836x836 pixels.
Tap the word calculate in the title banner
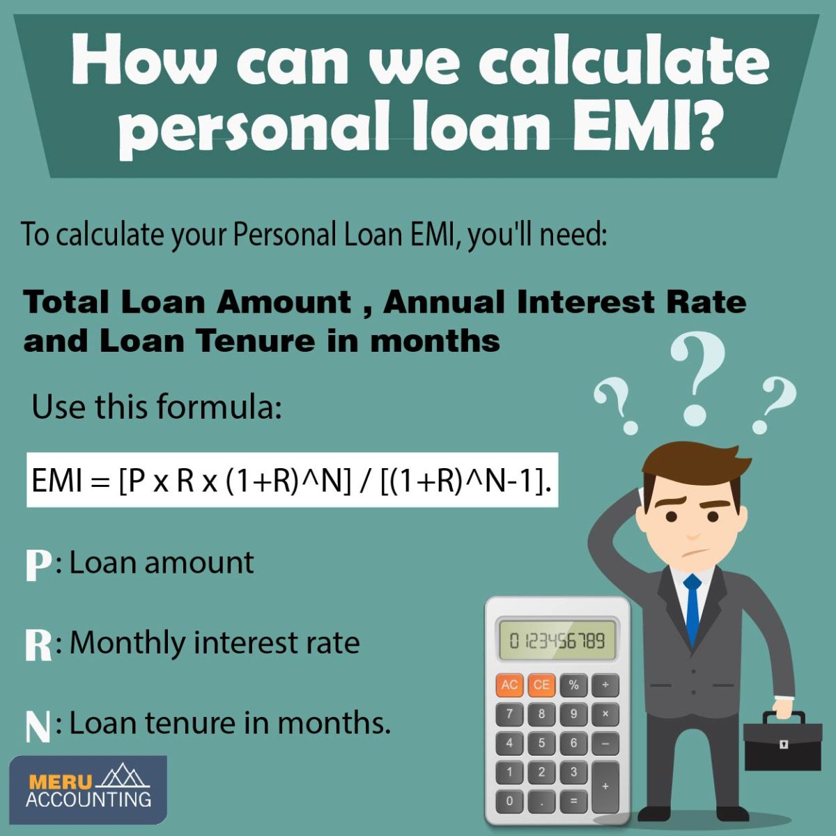tap(624, 61)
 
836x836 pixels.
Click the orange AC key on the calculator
tap(509, 685)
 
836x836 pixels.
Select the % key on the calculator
tap(573, 685)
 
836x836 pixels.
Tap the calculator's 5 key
tap(541, 743)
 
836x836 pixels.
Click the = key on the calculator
tap(573, 800)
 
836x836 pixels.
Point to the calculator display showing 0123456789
tap(557, 640)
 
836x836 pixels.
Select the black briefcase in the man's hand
tap(782, 744)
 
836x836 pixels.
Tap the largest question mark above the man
tap(697, 376)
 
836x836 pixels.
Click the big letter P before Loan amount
tap(38, 565)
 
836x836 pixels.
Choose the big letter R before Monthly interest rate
tap(38, 644)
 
